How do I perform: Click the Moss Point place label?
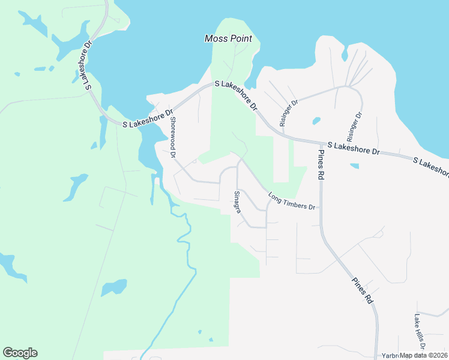tap(228, 38)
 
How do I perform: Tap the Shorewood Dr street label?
tap(173, 137)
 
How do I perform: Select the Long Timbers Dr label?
tap(292, 201)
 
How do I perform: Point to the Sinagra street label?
tap(237, 203)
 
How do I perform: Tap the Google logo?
tap(20, 353)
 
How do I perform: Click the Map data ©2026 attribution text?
tap(423, 355)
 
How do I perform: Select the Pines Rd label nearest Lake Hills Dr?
tap(363, 290)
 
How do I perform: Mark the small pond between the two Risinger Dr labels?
tap(316, 121)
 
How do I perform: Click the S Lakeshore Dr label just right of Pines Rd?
tap(354, 149)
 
